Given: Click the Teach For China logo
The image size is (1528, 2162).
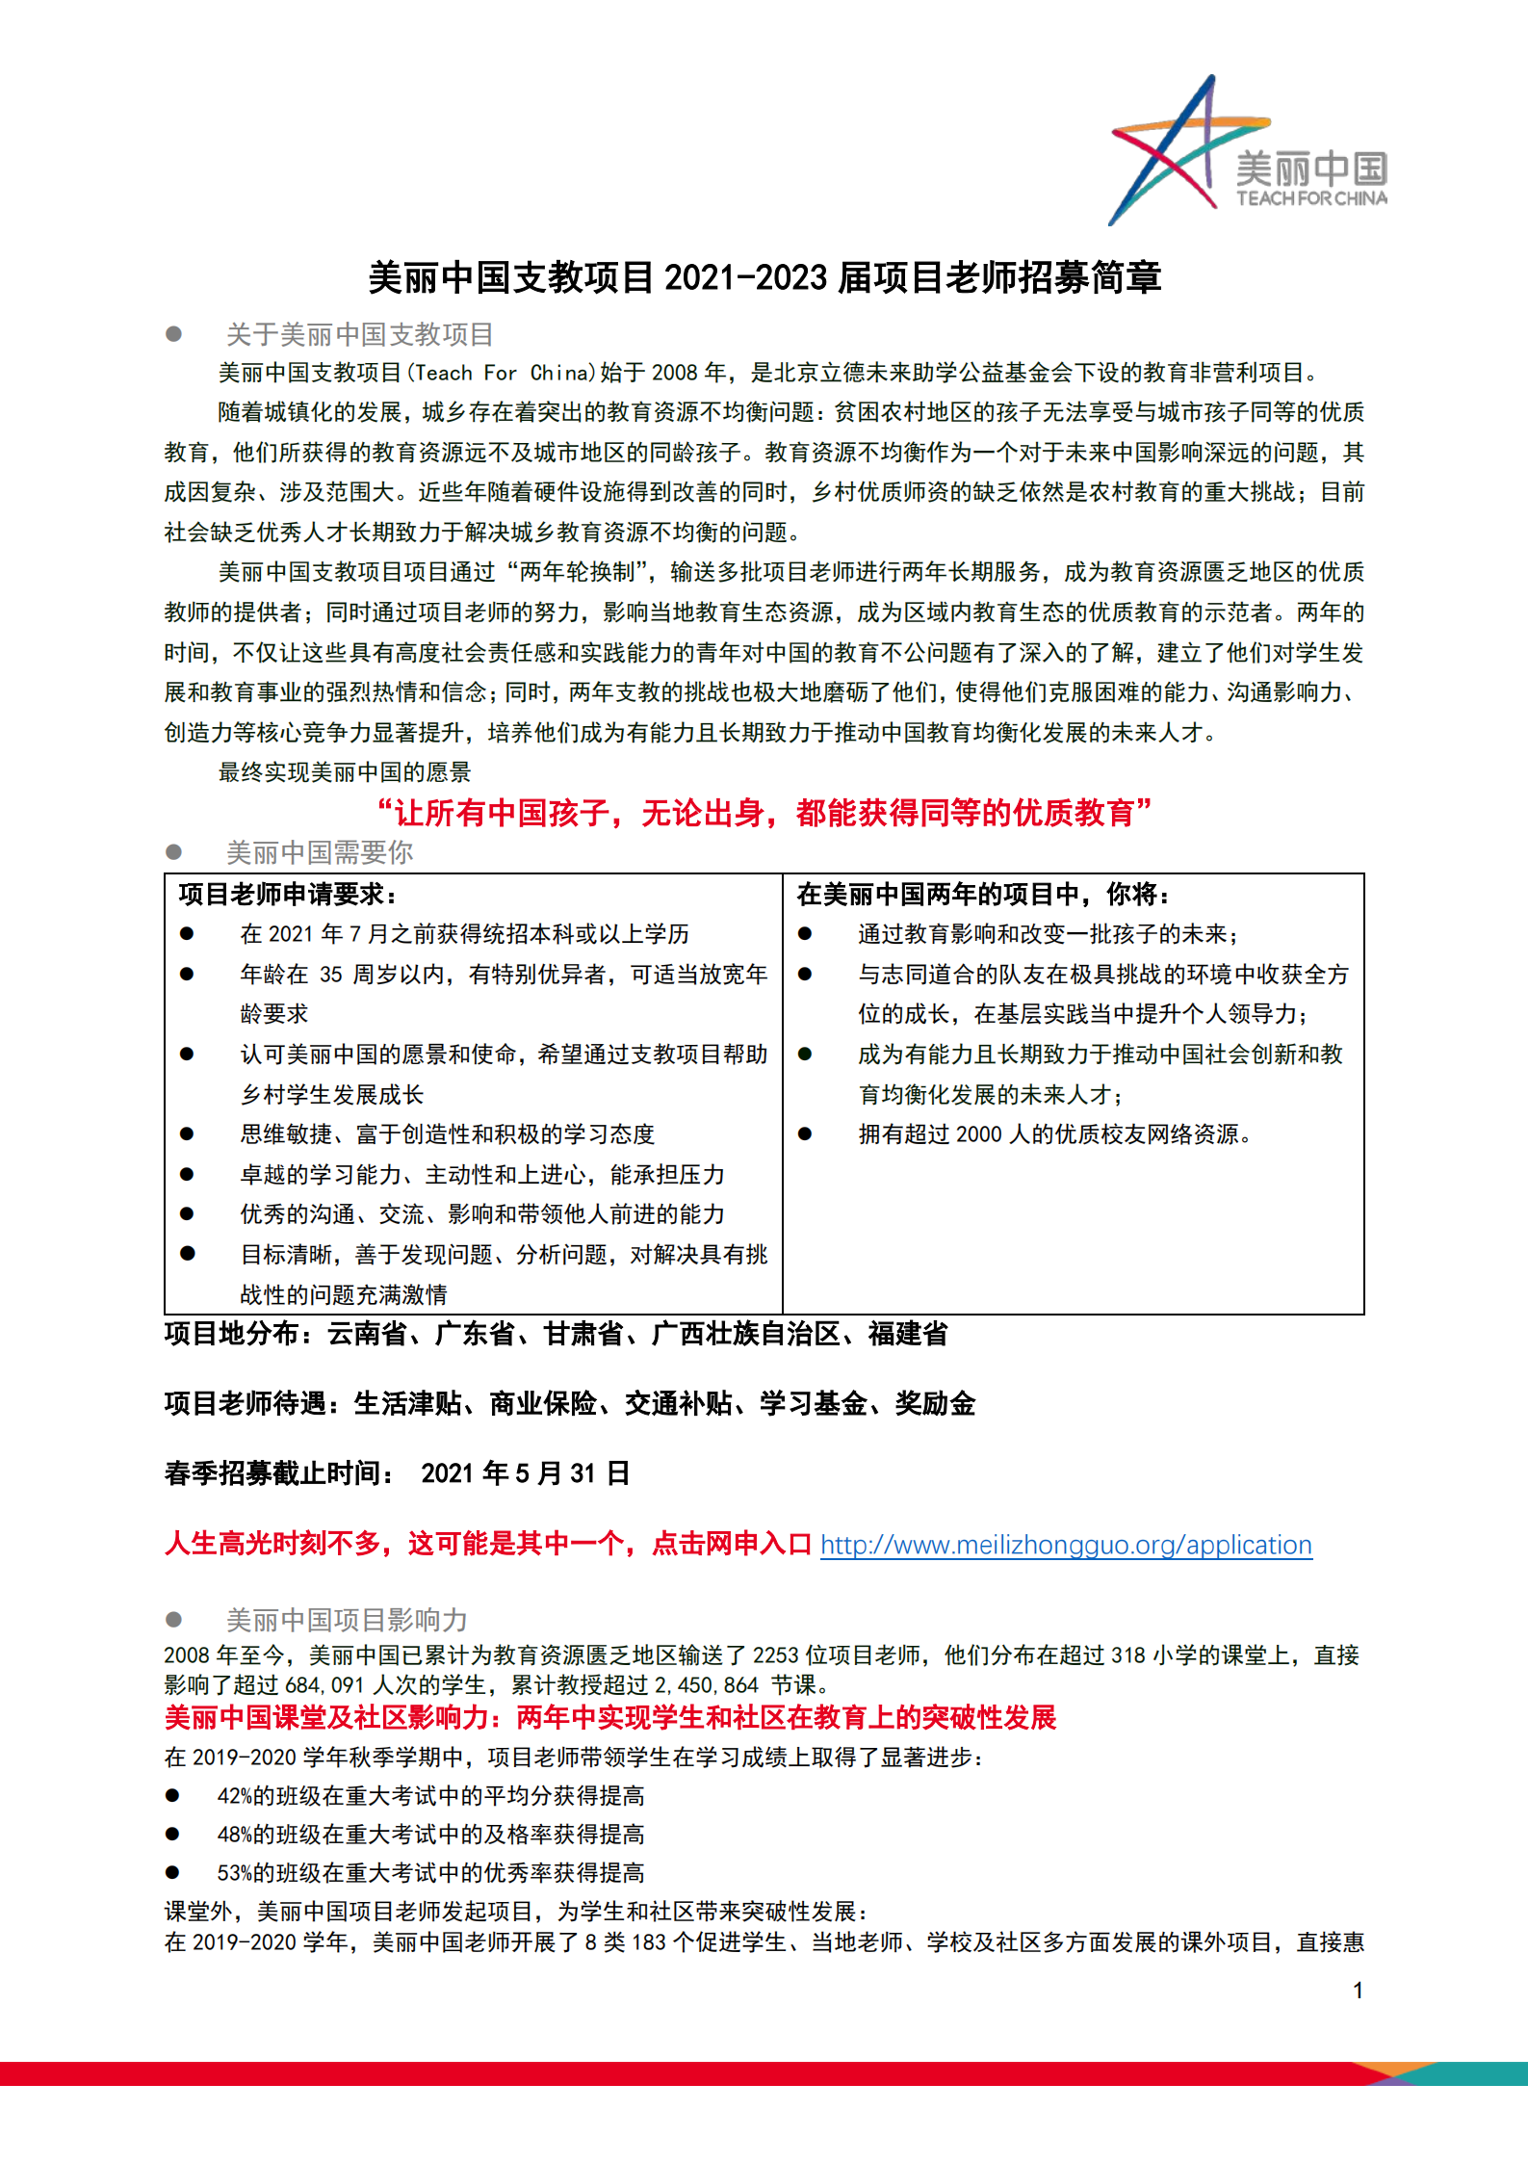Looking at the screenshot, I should tap(1249, 151).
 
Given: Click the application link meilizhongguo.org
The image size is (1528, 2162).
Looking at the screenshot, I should tap(1066, 1545).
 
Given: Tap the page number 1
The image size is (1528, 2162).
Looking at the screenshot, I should tap(1358, 1990).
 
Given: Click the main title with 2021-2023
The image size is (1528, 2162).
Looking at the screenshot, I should tap(764, 277).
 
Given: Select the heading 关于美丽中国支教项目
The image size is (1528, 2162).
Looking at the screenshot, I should tap(359, 334).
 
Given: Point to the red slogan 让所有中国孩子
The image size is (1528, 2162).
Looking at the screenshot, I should tap(764, 813).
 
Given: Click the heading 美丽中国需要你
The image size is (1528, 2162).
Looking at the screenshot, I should tap(319, 852).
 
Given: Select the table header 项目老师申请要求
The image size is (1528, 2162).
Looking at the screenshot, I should tap(287, 895).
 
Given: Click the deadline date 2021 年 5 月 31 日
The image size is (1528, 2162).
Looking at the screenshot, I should tap(526, 1473).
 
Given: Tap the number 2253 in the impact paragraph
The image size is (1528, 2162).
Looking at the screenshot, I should tap(775, 1655).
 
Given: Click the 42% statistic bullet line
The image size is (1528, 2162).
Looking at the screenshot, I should tap(430, 1796).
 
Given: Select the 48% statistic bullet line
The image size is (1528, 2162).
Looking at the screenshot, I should tap(430, 1835).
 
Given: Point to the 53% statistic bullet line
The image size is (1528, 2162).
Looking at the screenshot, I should tap(430, 1873).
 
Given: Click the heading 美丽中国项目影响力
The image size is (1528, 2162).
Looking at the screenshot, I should tap(347, 1620).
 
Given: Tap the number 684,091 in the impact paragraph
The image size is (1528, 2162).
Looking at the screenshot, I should tap(325, 1685).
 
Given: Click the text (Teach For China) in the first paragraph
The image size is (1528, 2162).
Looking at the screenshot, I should tap(502, 373).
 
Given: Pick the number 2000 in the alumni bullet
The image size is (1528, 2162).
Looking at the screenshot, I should tap(979, 1134).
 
